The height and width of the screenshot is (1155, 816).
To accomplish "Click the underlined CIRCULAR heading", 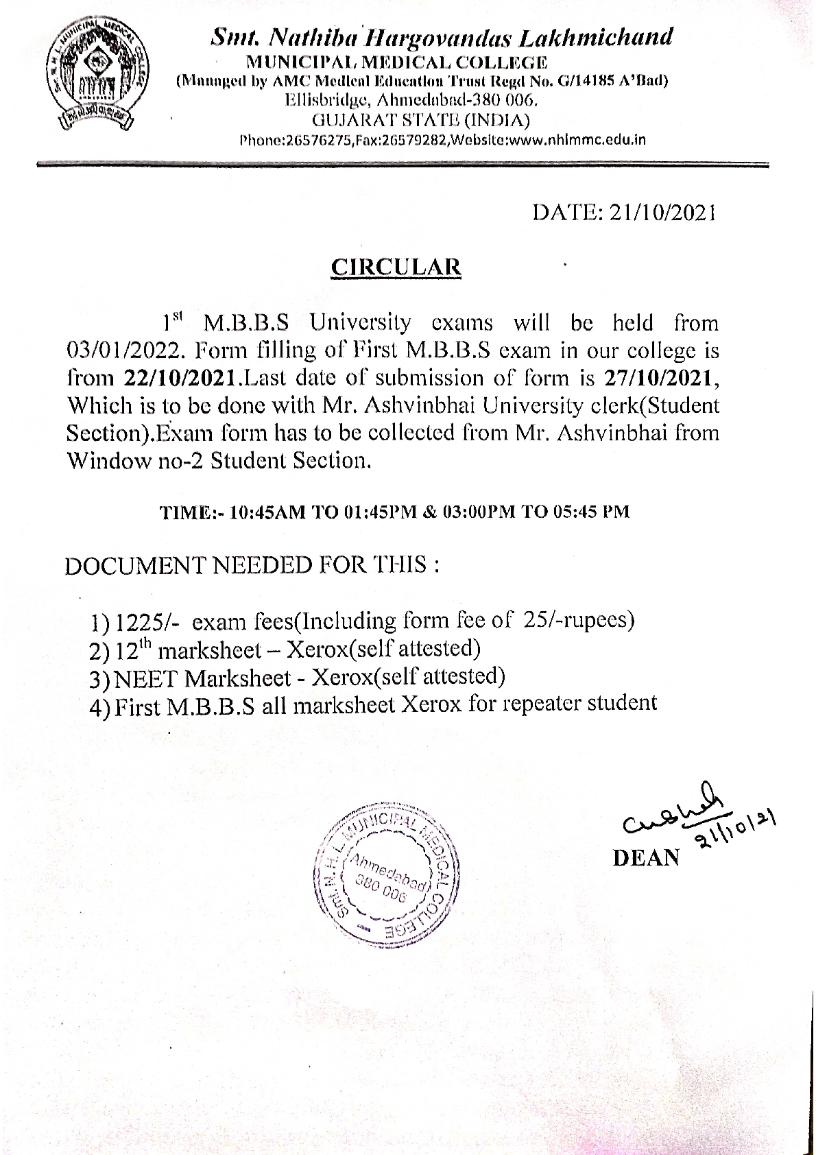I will click(396, 267).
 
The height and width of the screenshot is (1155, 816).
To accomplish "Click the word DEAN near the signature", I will click(646, 857).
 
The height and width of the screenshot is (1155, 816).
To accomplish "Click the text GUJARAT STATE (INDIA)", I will click(420, 121).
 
